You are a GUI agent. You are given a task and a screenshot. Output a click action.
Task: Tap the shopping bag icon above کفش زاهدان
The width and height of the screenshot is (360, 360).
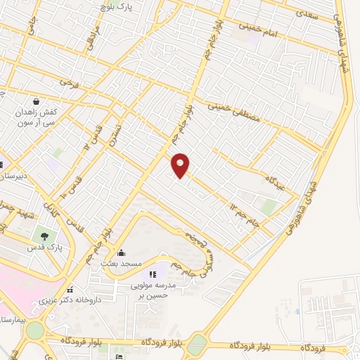36,100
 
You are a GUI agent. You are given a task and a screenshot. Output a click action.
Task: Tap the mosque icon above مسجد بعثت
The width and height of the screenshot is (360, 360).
121,253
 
